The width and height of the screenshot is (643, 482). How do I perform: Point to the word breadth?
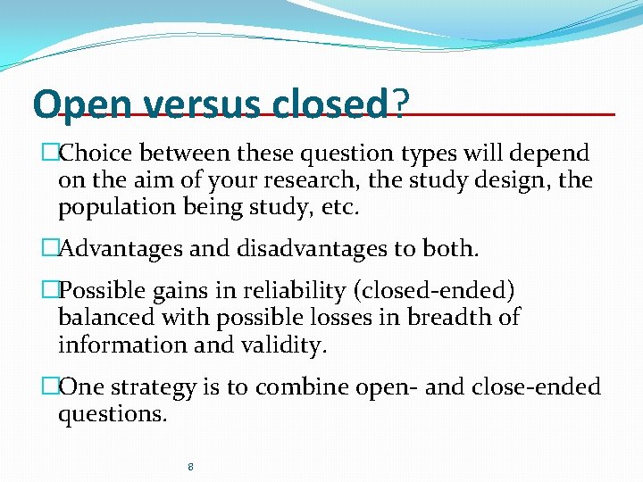[x=445, y=318]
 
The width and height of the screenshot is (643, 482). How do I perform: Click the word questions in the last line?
[x=112, y=414]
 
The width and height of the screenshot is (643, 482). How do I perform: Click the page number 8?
[x=191, y=466]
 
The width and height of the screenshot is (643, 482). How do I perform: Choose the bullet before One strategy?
[x=50, y=386]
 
